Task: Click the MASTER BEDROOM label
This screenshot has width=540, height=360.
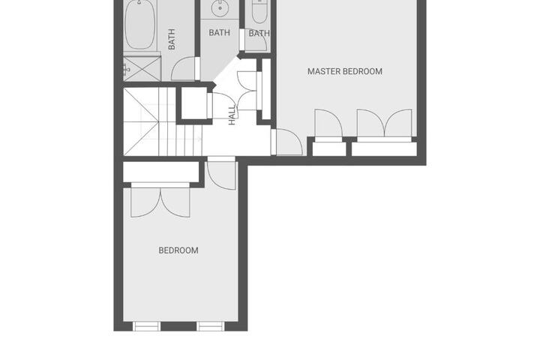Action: tap(345, 71)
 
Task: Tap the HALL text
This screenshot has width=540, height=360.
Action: tap(232, 115)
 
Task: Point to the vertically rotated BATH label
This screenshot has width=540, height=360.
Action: tap(172, 39)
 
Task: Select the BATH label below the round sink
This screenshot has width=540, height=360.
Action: tap(219, 33)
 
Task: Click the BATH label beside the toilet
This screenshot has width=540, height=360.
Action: tap(259, 34)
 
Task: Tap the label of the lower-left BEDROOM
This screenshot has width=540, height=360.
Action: tap(178, 250)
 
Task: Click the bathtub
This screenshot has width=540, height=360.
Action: tap(139, 25)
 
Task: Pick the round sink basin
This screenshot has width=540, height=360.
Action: tap(220, 7)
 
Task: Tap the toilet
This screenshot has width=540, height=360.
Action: tap(259, 11)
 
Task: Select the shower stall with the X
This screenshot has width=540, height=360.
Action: tap(142, 68)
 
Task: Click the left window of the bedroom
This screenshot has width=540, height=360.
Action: tap(146, 326)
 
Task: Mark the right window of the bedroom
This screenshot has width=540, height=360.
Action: tap(211, 326)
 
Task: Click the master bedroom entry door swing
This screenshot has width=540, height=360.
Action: tap(289, 142)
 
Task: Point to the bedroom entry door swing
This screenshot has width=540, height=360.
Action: tap(221, 173)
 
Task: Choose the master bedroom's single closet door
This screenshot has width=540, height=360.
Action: tap(329, 124)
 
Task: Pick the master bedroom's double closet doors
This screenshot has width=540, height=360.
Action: tap(384, 124)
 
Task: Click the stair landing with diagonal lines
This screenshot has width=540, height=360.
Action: tap(141, 121)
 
